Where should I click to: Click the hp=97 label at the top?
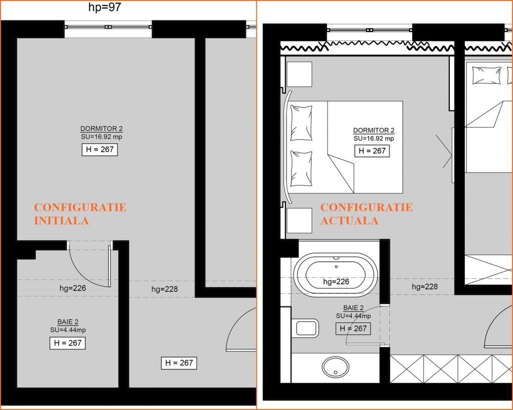pos(105,7)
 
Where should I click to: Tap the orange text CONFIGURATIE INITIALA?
pos(80,214)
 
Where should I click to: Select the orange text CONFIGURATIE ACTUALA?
pos(366,214)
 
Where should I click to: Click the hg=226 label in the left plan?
pos(73,288)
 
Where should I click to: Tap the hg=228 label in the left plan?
pos(164,289)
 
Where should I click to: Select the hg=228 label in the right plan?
pos(425,287)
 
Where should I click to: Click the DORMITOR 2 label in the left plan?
pos(101,129)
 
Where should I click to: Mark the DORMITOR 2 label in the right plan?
pos(374,130)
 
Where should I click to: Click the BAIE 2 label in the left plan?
pos(68,322)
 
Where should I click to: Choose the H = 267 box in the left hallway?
pos(179,363)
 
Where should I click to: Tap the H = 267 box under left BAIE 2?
pos(68,343)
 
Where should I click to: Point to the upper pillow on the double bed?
pos(301,123)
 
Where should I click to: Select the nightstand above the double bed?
pos(299,74)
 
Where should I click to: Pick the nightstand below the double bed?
pos(299,220)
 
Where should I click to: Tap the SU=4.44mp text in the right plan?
pos(353,316)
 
